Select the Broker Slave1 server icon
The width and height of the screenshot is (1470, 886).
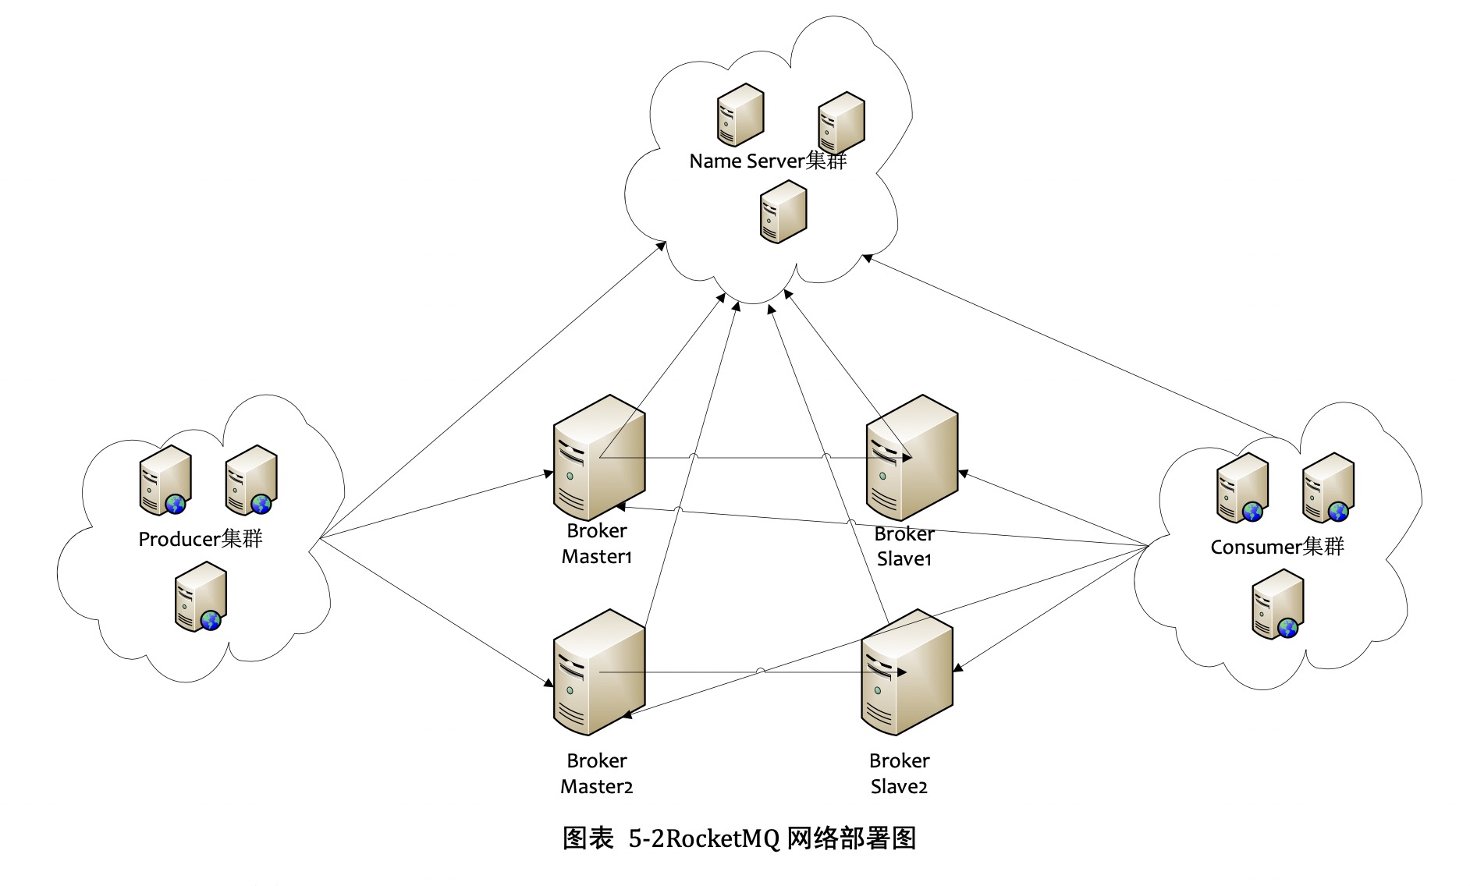click(911, 459)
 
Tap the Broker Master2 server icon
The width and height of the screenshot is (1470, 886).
click(598, 673)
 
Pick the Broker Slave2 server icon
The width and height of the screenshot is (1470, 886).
click(907, 673)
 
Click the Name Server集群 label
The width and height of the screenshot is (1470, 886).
click(768, 161)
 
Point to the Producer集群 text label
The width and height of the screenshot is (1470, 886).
click(201, 539)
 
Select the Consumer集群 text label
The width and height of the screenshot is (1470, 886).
click(1277, 547)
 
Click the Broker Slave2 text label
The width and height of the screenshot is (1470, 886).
click(899, 773)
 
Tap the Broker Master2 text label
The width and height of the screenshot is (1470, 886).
click(597, 773)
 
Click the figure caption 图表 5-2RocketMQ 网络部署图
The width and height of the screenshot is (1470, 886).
click(738, 838)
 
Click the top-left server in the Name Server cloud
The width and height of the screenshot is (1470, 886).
click(740, 115)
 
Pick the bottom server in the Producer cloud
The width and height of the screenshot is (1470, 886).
click(201, 597)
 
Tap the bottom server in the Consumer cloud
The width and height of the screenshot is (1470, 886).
click(1277, 604)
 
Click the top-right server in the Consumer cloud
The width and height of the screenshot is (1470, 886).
click(1327, 488)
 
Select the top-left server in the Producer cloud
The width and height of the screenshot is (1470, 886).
click(165, 480)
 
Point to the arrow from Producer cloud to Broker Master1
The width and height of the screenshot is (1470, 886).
click(437, 505)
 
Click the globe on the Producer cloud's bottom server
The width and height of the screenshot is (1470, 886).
click(211, 621)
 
